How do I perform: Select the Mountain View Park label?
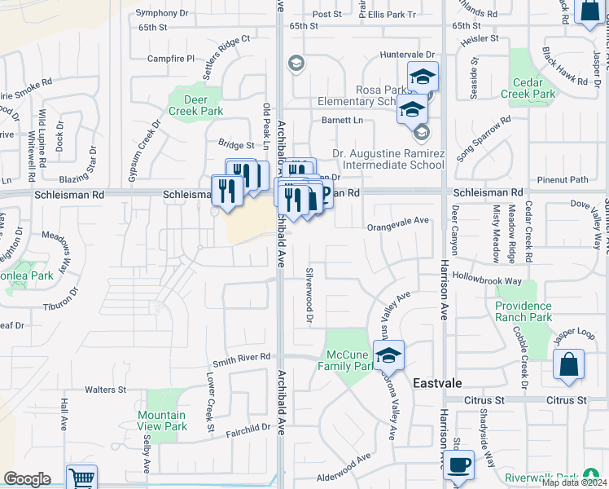[x=161, y=421]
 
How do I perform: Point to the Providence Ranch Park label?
[x=524, y=311]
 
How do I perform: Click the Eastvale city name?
[x=438, y=382]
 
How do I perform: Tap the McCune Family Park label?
[x=349, y=360]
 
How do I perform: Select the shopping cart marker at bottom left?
[x=81, y=478]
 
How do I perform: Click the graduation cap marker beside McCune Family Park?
[x=389, y=355]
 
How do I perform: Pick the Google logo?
[x=27, y=479]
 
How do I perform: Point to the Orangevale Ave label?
[x=397, y=220]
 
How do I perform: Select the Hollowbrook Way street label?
[x=486, y=280]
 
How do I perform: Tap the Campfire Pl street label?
[x=171, y=59]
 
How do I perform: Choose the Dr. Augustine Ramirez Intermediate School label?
[x=388, y=159]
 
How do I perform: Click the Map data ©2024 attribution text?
[x=574, y=482]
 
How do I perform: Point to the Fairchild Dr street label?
[x=248, y=427]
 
